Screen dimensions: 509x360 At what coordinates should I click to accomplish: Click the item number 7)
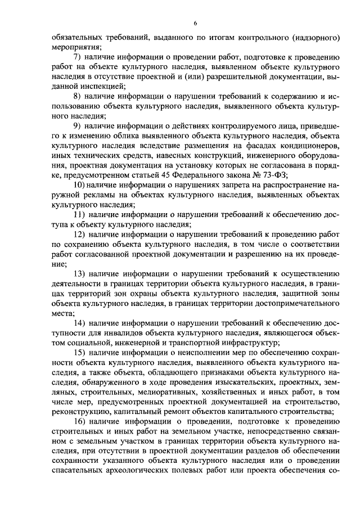78,57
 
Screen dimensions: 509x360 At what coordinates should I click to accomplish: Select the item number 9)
78,125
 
